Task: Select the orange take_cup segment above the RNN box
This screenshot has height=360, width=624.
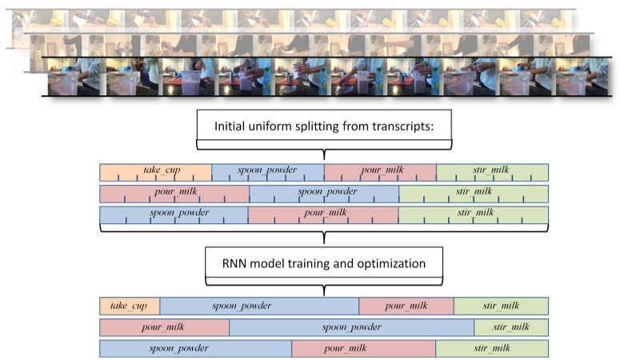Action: click(x=156, y=171)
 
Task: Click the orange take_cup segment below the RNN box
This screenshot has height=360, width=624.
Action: click(x=130, y=306)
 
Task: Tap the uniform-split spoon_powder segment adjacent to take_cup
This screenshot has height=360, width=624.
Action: click(x=268, y=171)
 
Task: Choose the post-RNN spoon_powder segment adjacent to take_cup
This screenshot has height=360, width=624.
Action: click(x=259, y=306)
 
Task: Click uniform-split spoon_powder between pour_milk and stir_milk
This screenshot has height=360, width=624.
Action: click(x=324, y=193)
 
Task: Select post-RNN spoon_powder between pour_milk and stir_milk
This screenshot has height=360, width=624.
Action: click(x=351, y=327)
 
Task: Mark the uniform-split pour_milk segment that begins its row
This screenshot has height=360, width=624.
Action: click(x=174, y=193)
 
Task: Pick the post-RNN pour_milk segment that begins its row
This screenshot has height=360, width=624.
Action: click(x=164, y=327)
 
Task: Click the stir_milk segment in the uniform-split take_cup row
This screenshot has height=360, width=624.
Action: click(x=492, y=171)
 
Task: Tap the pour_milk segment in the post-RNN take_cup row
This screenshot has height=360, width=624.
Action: click(x=406, y=306)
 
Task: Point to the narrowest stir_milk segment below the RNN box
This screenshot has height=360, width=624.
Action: click(x=510, y=327)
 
